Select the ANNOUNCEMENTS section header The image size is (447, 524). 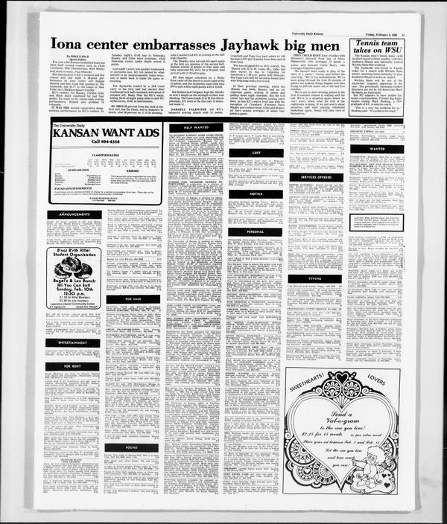[73, 214]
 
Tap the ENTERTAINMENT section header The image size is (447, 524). [73, 342]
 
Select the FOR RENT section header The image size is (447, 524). [73, 366]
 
